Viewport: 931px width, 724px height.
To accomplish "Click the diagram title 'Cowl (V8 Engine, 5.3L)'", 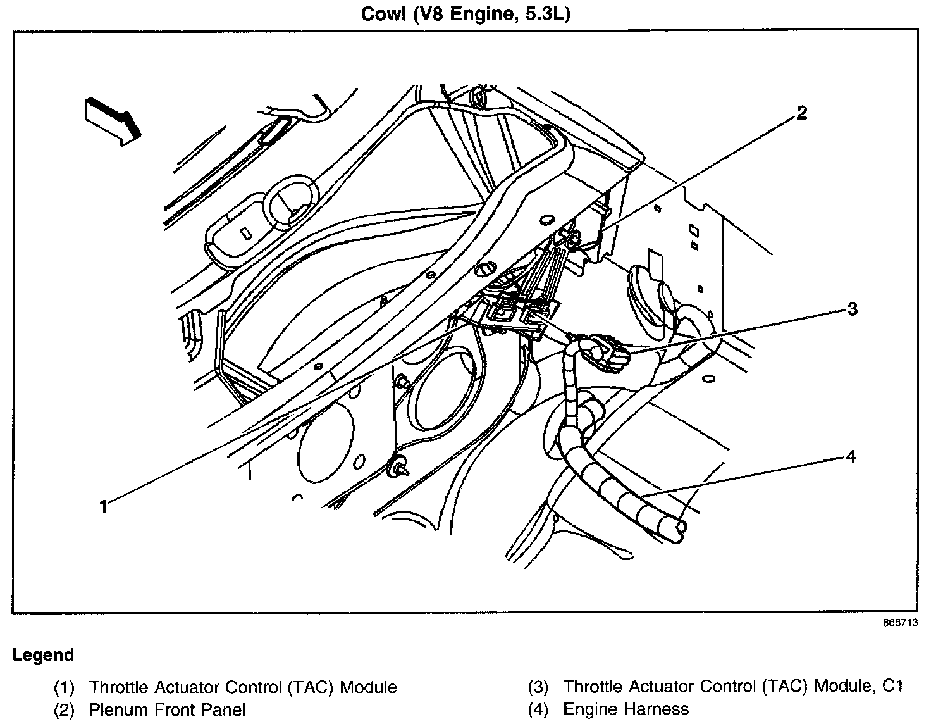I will [x=465, y=14].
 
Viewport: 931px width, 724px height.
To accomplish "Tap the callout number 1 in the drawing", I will [x=103, y=507].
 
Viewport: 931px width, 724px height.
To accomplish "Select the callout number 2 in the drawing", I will [x=801, y=114].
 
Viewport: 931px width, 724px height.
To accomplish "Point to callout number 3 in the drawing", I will [x=852, y=309].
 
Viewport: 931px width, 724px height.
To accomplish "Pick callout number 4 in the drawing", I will [x=851, y=456].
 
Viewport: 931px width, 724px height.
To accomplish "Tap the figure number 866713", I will [x=901, y=622].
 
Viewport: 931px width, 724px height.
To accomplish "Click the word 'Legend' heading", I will [x=43, y=655].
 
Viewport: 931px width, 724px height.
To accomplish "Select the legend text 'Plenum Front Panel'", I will [x=167, y=709].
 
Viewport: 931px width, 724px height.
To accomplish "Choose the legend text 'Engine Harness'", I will [x=626, y=709].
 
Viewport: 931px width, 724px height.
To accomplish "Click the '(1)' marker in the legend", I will [x=64, y=687].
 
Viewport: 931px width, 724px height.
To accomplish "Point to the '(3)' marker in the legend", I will [x=538, y=687].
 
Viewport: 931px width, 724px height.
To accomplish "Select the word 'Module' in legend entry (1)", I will [x=368, y=687].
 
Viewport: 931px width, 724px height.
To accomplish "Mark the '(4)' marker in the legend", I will [x=538, y=709].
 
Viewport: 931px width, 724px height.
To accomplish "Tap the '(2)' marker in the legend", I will [x=64, y=709].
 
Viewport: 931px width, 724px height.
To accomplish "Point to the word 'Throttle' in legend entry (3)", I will [x=589, y=687].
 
